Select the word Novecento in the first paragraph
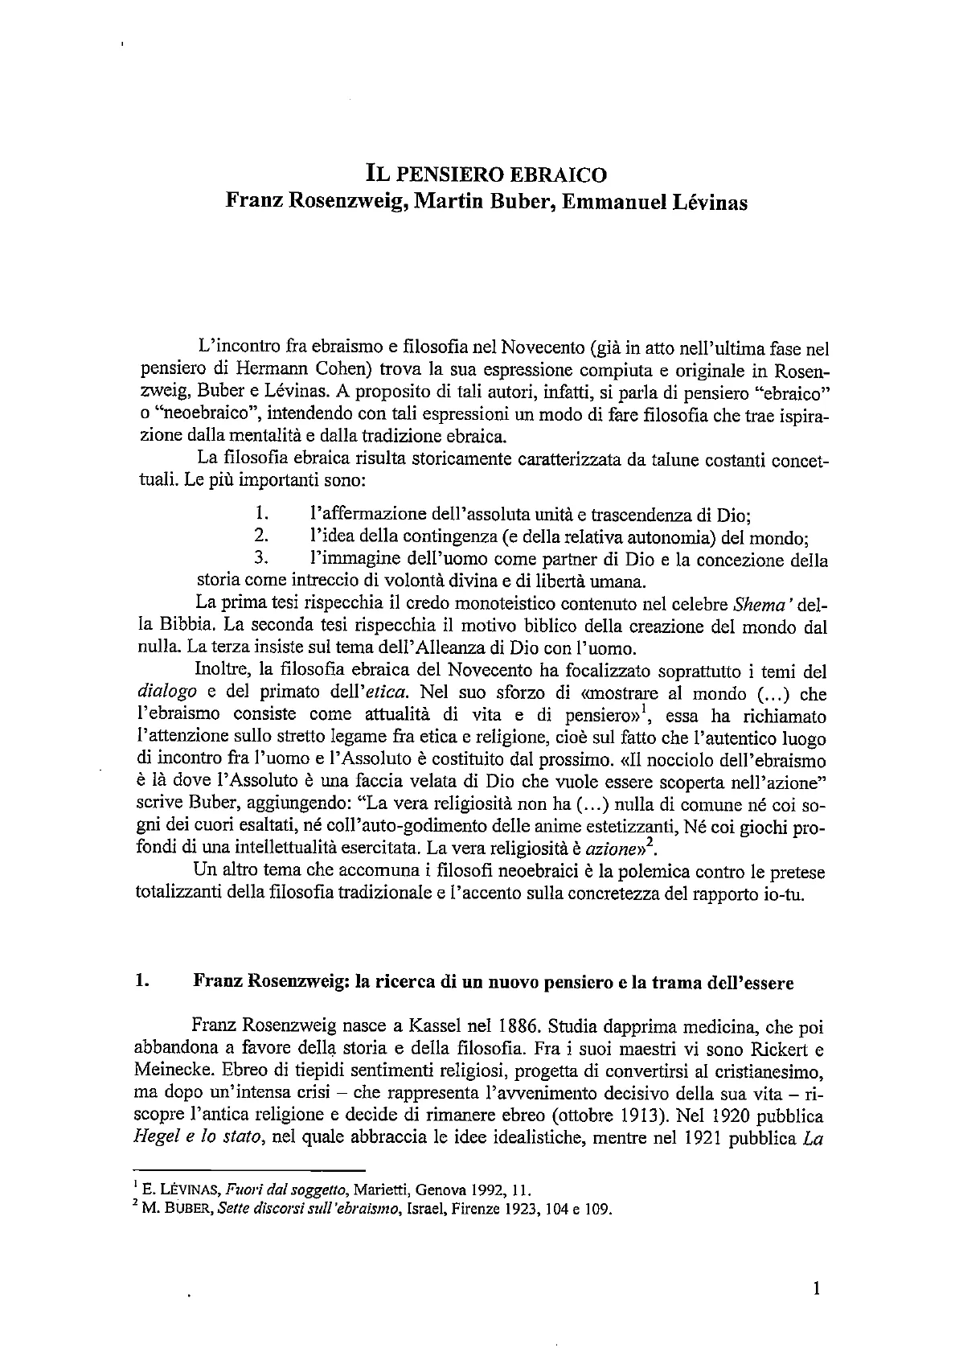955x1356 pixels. pyautogui.click(x=544, y=348)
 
